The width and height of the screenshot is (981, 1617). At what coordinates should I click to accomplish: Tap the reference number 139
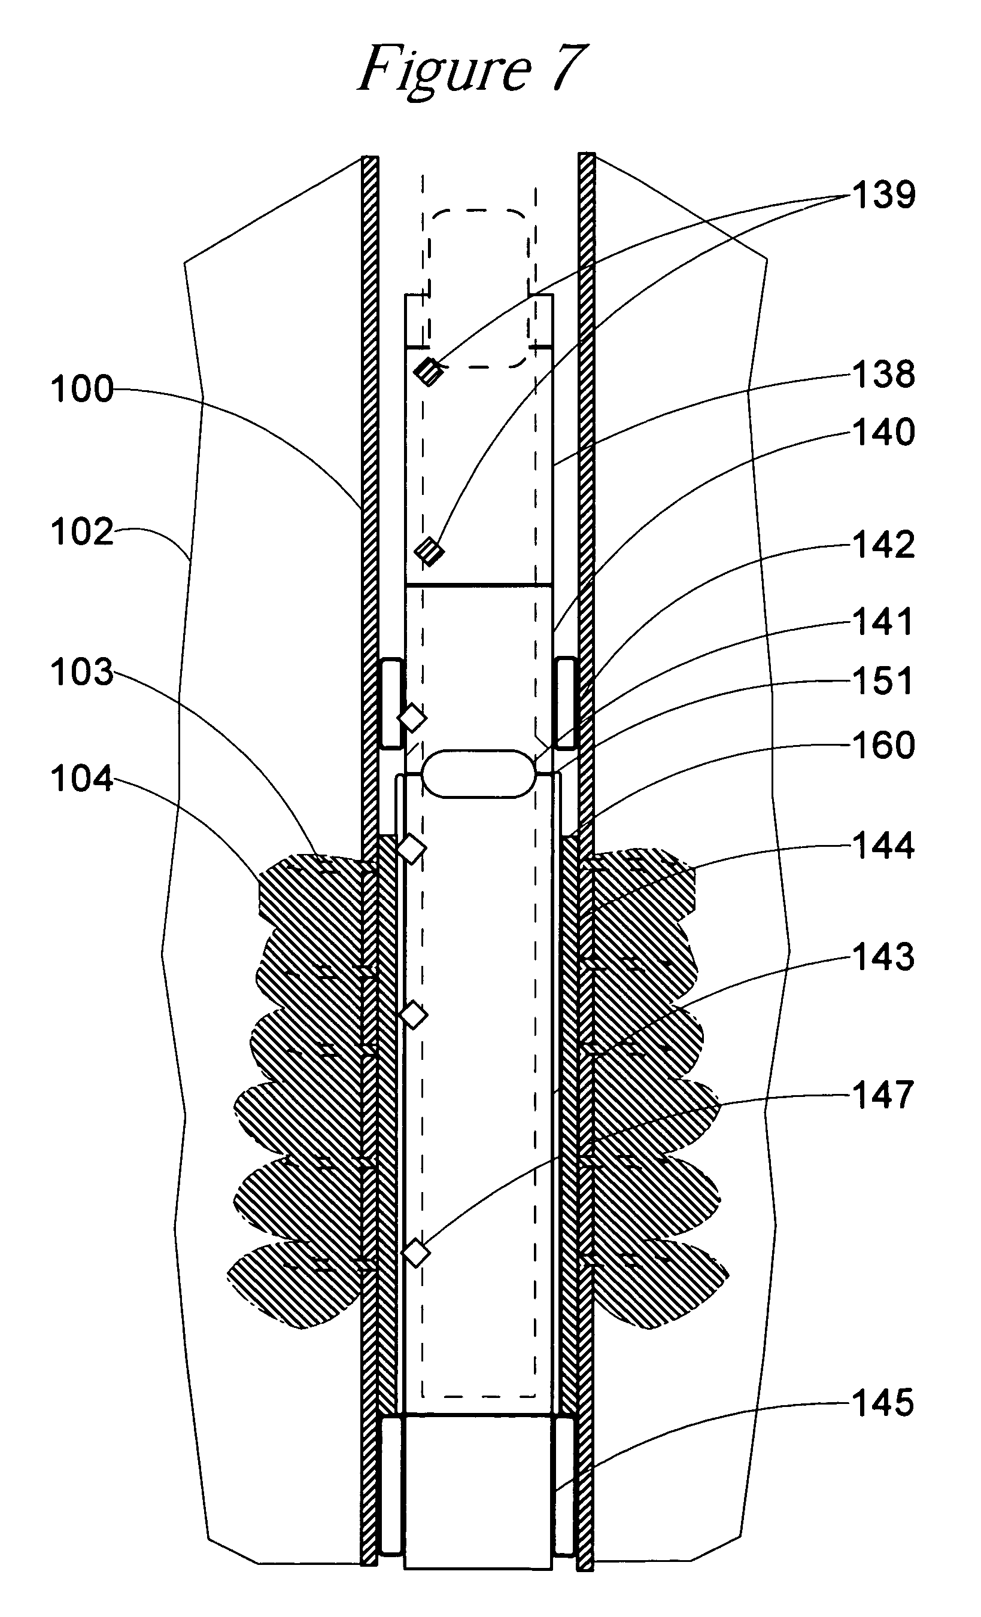[x=883, y=195]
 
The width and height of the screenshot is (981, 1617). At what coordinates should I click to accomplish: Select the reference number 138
[x=883, y=375]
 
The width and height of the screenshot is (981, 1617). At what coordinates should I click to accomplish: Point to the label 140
[x=883, y=433]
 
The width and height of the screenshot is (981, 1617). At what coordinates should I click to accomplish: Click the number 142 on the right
[x=883, y=545]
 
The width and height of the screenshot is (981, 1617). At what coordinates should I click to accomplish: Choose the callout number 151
[x=883, y=680]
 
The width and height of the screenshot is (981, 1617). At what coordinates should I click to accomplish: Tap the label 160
[x=883, y=745]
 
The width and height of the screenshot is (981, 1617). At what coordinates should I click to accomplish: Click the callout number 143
[x=883, y=957]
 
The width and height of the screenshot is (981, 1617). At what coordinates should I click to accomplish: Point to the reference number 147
[x=883, y=1095]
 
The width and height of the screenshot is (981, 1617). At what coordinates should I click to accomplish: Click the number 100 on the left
[x=82, y=389]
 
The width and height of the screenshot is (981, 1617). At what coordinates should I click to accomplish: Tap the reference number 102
[x=82, y=531]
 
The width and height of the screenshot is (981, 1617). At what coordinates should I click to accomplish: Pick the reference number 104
[x=82, y=779]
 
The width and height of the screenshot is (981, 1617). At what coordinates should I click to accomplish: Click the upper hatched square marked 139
[x=429, y=372]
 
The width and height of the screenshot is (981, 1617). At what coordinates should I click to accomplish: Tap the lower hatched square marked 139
[x=429, y=551]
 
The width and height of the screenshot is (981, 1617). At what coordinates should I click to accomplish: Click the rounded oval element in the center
[x=478, y=774]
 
